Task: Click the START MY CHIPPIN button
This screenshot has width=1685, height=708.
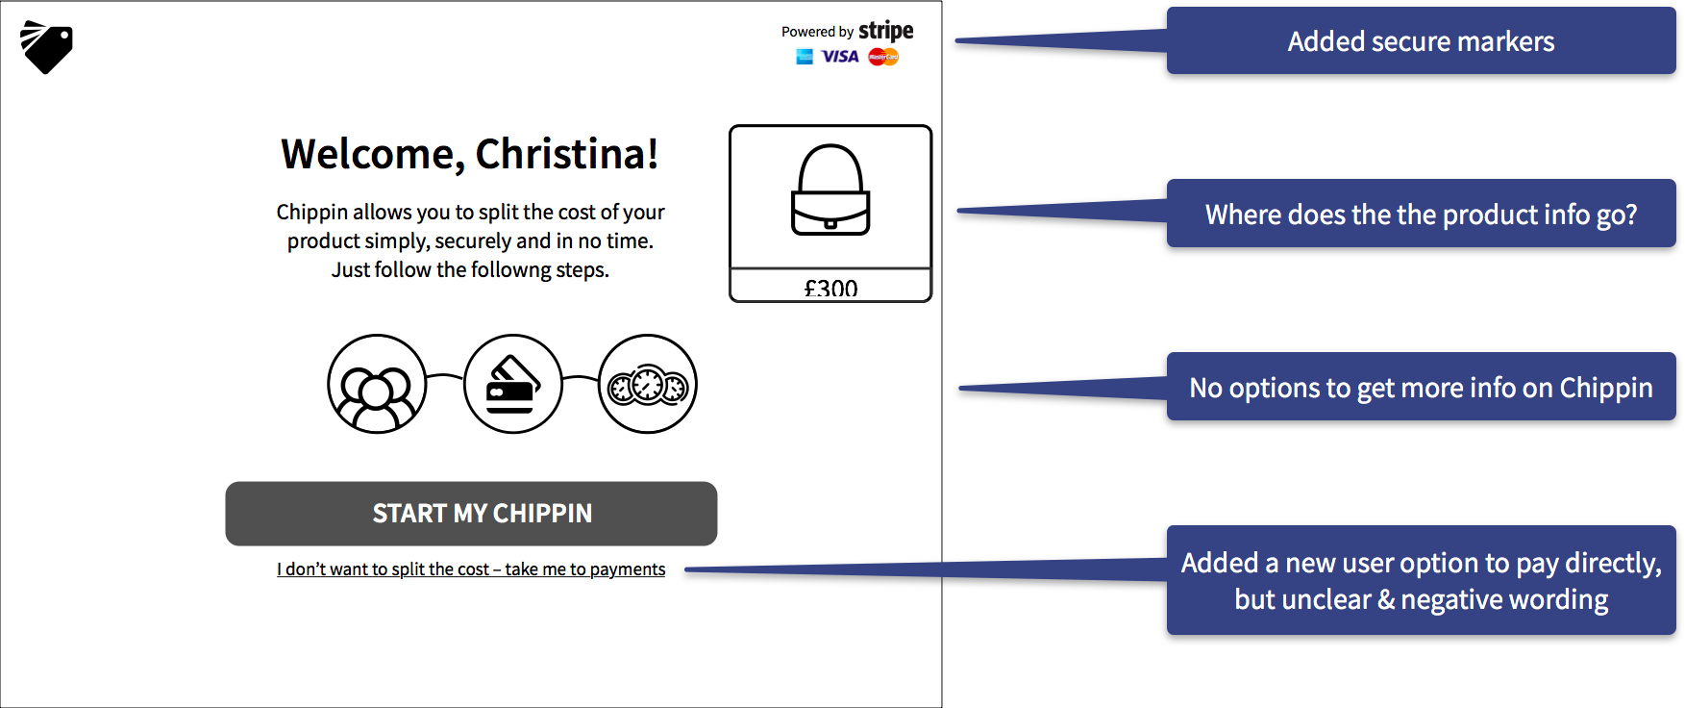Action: coord(471,514)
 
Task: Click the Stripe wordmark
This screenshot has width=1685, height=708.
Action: coord(885,31)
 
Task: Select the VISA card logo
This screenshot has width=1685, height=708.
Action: coord(840,57)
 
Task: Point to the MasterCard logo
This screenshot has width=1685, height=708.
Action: coord(883,57)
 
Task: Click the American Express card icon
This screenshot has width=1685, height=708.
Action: coord(805,57)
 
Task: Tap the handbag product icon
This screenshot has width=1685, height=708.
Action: coord(830,190)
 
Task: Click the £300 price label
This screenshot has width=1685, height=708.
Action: coord(830,288)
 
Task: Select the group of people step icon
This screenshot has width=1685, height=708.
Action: coord(377,384)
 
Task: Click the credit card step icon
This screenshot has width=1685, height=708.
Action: coord(512,384)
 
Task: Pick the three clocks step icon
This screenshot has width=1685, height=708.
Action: coord(648,384)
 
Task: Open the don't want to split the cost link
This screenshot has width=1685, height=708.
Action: coord(471,569)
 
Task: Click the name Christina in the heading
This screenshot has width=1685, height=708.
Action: coord(566,154)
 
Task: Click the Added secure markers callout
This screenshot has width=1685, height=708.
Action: coord(1421,41)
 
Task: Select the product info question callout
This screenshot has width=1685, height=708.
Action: coord(1421,214)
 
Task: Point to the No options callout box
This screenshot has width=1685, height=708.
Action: coord(1421,387)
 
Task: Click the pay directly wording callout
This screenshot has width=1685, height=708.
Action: coord(1421,580)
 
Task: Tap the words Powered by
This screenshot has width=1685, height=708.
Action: coord(817,32)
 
